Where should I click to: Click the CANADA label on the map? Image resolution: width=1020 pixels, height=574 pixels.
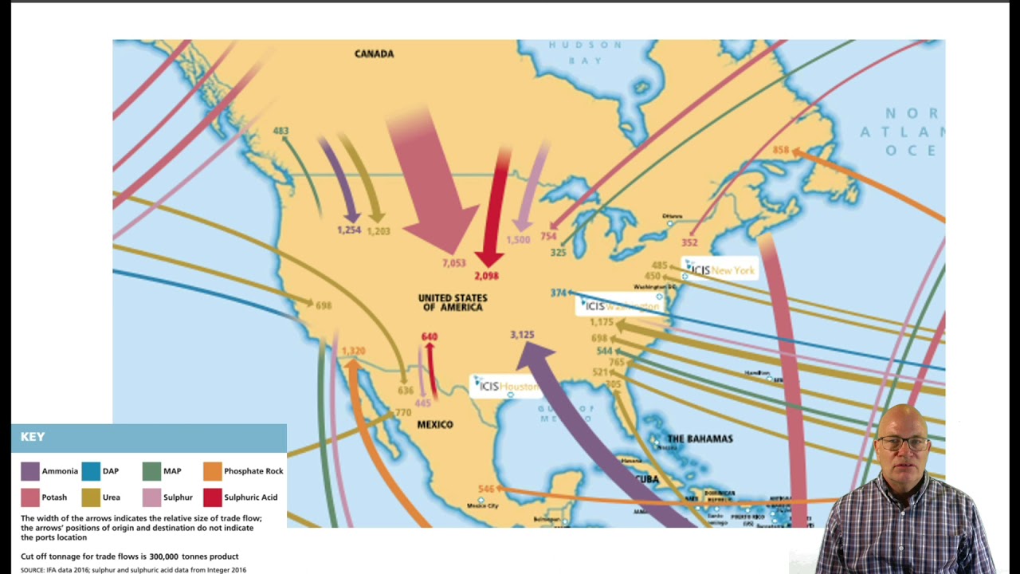(374, 53)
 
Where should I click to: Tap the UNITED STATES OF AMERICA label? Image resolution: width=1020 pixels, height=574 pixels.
(452, 302)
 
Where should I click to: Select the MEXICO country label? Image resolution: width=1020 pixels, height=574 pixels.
(435, 425)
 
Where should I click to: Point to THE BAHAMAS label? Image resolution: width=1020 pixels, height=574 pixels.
(699, 438)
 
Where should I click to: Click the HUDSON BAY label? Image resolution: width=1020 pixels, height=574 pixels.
(585, 53)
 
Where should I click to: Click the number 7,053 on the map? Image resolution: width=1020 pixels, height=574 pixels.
(453, 263)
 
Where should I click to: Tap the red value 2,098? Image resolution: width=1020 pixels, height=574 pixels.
(486, 276)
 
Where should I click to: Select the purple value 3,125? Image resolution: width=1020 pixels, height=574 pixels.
(522, 335)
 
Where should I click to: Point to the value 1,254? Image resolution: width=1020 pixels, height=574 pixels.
(349, 230)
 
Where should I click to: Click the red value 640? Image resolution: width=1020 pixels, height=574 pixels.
(430, 336)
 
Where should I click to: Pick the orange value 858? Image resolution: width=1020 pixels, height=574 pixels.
(780, 150)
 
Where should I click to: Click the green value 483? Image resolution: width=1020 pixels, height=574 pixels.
(280, 131)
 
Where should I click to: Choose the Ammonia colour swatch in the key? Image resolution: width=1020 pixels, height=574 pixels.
(29, 471)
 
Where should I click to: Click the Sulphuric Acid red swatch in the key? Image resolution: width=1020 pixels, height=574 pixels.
(212, 497)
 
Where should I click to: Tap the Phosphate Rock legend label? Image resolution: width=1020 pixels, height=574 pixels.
(253, 471)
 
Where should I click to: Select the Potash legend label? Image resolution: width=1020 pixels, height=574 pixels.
(54, 497)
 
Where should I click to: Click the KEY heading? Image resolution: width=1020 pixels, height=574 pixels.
(33, 437)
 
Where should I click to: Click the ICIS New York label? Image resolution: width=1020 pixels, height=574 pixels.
(719, 270)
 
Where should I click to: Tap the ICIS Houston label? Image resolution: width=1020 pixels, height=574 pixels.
(508, 387)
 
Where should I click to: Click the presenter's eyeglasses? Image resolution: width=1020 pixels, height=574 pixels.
(904, 442)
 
